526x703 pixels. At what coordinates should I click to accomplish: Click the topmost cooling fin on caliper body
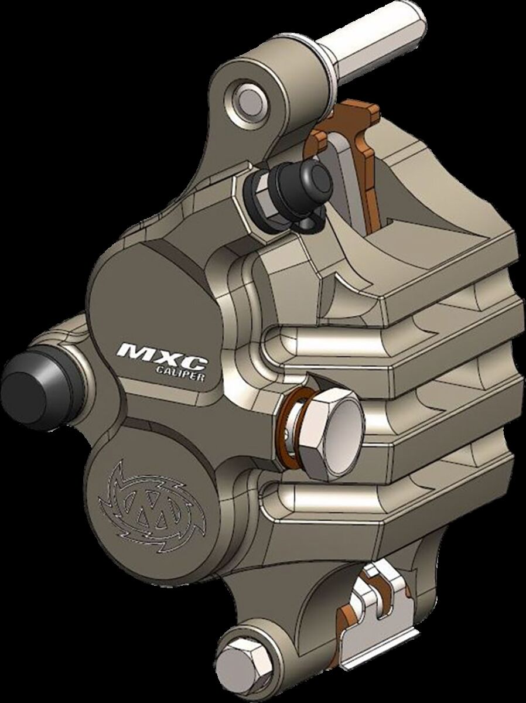coord(433,287)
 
